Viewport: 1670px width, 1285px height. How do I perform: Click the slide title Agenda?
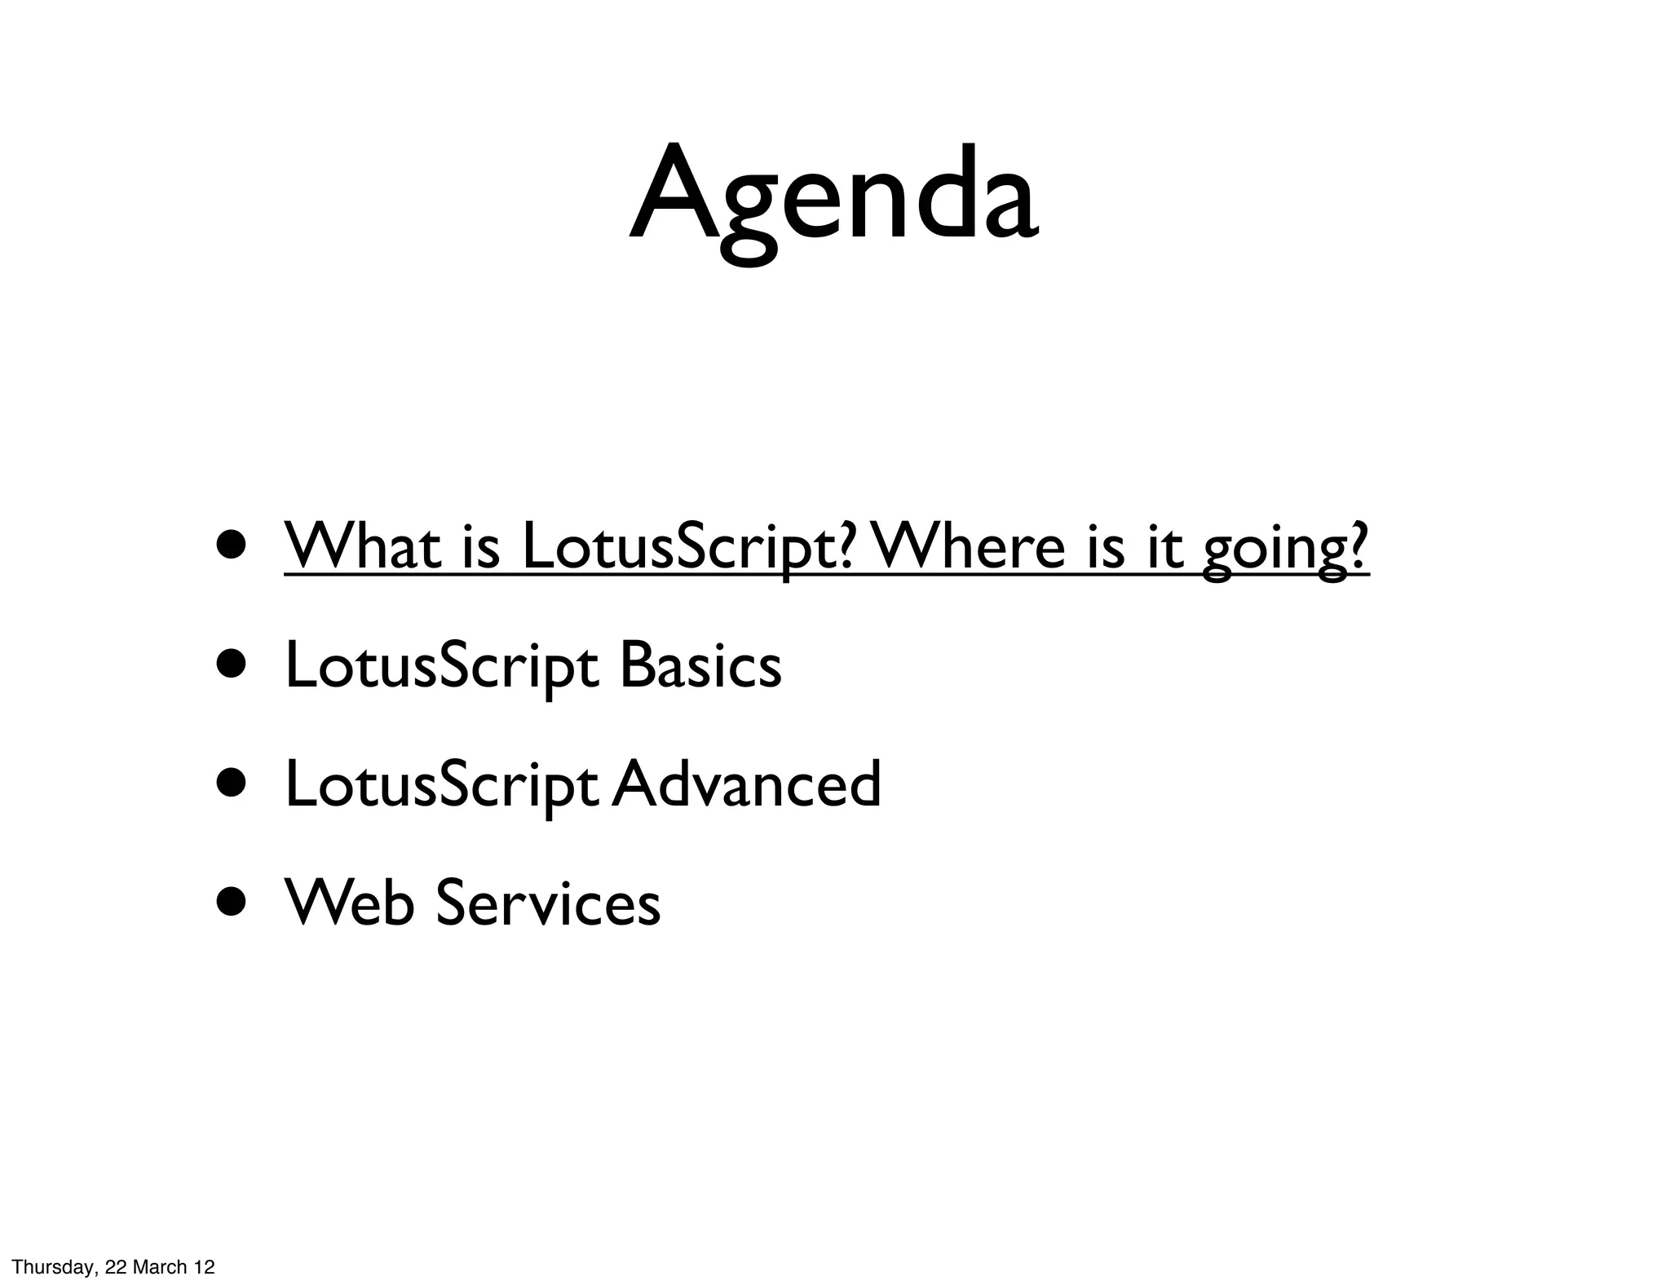(833, 196)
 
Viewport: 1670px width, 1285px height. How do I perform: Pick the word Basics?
(700, 665)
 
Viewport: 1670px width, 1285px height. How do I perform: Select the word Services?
(548, 902)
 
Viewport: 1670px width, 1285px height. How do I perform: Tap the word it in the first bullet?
(1164, 546)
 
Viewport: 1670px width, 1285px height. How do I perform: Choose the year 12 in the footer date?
(204, 1267)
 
